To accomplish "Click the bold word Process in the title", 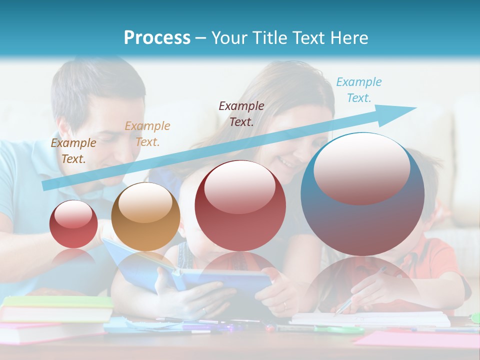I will (x=157, y=38).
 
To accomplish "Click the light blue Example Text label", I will (x=358, y=90).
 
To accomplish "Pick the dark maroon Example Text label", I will (x=241, y=114).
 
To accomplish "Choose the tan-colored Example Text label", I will (x=147, y=134).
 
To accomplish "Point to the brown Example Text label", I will (x=73, y=151).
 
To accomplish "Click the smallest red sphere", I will (x=73, y=224).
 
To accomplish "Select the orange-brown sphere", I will (x=145, y=216).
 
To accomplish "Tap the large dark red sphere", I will (x=240, y=205).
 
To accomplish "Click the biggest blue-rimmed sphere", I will (x=362, y=194).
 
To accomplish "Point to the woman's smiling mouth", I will (x=286, y=162).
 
